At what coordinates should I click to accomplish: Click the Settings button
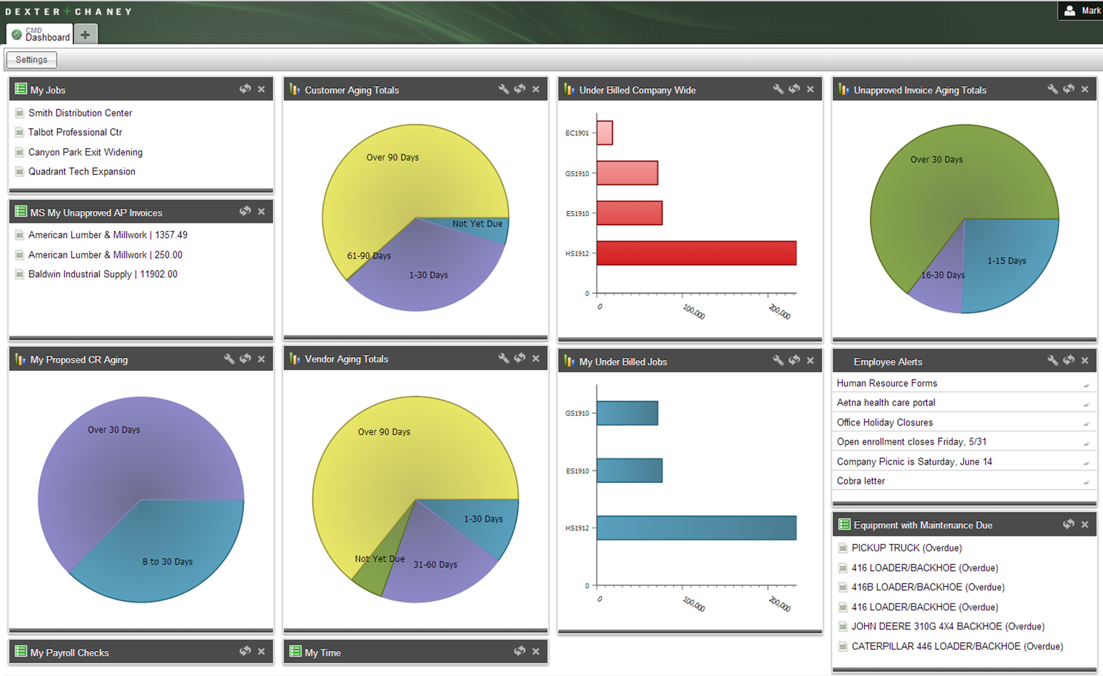pyautogui.click(x=32, y=60)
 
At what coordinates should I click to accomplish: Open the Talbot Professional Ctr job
pyautogui.click(x=75, y=132)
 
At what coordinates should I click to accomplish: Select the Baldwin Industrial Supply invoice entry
pyautogui.click(x=102, y=274)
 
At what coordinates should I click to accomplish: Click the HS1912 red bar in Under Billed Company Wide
pyautogui.click(x=696, y=253)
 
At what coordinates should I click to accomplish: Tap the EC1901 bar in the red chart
pyautogui.click(x=604, y=133)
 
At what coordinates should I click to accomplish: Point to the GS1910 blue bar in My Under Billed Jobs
pyautogui.click(x=627, y=413)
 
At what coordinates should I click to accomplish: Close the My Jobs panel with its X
pyautogui.click(x=261, y=89)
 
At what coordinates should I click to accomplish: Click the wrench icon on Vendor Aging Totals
pyautogui.click(x=503, y=358)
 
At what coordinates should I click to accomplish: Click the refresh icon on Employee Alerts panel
pyautogui.click(x=1069, y=360)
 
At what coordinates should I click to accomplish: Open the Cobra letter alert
pyautogui.click(x=861, y=481)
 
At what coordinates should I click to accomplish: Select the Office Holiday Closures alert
pyautogui.click(x=885, y=422)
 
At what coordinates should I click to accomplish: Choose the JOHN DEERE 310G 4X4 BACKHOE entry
pyautogui.click(x=948, y=627)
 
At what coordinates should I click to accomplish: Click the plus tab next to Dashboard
pyautogui.click(x=85, y=35)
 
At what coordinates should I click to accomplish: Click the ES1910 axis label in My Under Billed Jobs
pyautogui.click(x=577, y=471)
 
